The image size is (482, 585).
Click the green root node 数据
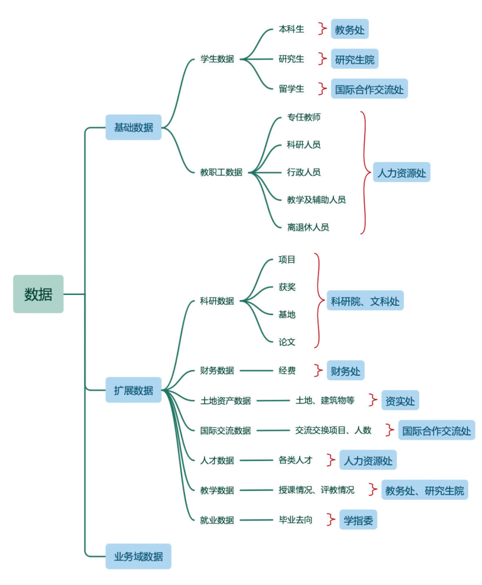tap(38, 294)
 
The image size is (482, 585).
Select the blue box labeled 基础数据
tap(133, 128)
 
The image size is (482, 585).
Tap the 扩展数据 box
tap(133, 390)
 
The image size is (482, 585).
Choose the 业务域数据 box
tap(138, 556)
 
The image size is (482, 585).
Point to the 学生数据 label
tap(217, 59)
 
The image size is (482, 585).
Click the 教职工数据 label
tap(221, 172)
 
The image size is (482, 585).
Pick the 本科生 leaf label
tap(291, 29)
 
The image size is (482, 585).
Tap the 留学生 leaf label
tap(291, 89)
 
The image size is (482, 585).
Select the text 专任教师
tap(304, 117)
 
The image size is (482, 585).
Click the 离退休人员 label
tap(308, 227)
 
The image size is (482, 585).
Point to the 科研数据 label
tap(217, 301)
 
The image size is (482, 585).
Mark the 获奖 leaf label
tap(287, 287)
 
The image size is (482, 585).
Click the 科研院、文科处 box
tap(365, 302)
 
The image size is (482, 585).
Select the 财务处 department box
tap(345, 371)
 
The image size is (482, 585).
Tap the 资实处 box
tap(400, 401)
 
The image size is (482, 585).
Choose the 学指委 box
tap(358, 520)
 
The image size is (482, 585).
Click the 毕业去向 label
tap(295, 520)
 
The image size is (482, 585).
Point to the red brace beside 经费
tap(318, 370)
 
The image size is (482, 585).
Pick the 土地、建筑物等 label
tap(325, 401)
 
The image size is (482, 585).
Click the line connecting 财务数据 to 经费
tap(256, 370)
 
